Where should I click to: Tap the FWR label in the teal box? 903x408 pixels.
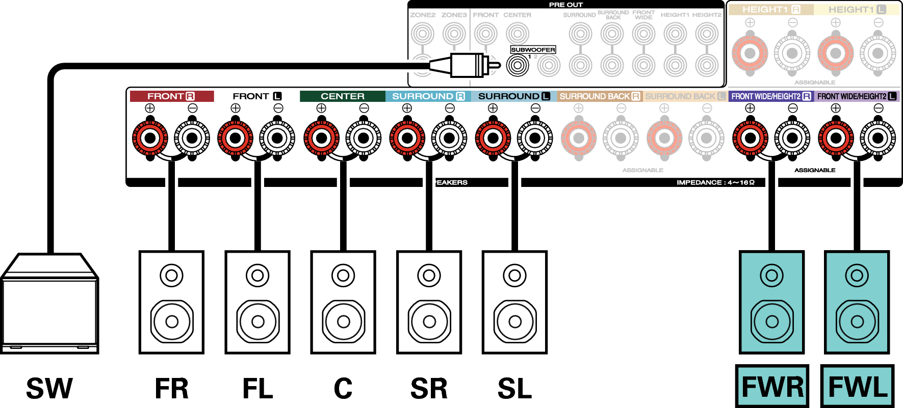tap(772, 387)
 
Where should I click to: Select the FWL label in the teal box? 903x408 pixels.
tap(858, 387)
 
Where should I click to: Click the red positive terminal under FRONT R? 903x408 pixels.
tap(150, 138)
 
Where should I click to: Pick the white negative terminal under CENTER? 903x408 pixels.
tap(364, 138)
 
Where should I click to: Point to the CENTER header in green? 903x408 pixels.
tap(342, 96)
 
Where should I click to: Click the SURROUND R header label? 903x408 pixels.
tap(428, 96)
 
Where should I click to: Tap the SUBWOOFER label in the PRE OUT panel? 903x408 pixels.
tap(533, 50)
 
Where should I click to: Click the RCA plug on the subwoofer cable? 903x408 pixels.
tap(467, 65)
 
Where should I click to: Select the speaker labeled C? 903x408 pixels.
tap(343, 302)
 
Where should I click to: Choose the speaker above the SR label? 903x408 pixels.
tap(429, 302)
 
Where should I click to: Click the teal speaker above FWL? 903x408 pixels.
tap(857, 302)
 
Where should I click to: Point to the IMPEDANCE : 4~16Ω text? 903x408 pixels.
tap(715, 182)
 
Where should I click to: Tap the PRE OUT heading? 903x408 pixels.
tap(565, 5)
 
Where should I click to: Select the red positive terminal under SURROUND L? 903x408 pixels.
tap(493, 138)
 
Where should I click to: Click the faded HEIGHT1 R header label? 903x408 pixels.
tap(770, 10)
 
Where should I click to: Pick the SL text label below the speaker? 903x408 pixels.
tap(514, 388)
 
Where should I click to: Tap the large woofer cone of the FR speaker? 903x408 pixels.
tap(172, 321)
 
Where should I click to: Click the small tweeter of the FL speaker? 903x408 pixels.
tap(257, 276)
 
